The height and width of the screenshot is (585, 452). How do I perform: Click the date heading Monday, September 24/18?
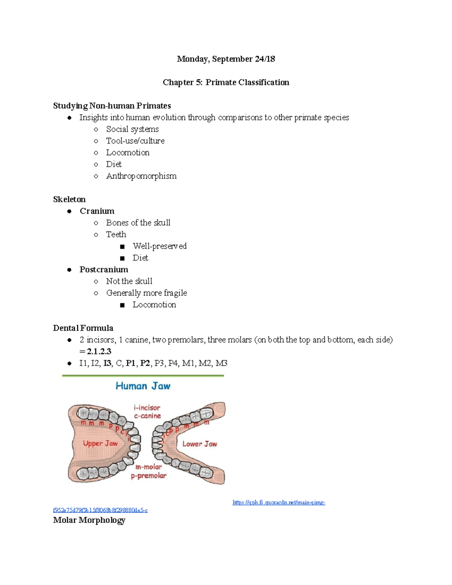[x=226, y=59]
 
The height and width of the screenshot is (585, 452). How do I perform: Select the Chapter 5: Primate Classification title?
[x=226, y=82]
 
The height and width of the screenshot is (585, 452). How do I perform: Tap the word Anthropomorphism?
[x=141, y=176]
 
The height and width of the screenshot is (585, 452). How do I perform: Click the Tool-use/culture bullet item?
[x=135, y=141]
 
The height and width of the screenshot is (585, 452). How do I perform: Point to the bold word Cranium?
[x=97, y=211]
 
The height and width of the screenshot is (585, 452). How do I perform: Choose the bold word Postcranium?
[x=104, y=270]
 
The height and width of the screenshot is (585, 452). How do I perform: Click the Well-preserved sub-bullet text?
[x=159, y=246]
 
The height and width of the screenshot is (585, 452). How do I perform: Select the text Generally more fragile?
[x=146, y=293]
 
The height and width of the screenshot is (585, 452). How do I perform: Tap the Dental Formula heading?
[x=83, y=328]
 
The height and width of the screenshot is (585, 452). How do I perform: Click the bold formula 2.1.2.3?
[x=99, y=351]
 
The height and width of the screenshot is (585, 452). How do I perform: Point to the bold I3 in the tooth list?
[x=107, y=363]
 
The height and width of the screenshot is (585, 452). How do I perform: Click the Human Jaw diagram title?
[x=143, y=386]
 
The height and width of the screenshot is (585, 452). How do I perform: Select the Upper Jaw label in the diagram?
[x=100, y=443]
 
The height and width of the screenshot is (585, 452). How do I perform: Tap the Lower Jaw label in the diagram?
[x=200, y=444]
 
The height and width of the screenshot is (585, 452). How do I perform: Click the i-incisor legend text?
[x=147, y=408]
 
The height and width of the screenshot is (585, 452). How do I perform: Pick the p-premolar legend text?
[x=148, y=476]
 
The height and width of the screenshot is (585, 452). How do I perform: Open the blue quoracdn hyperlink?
[x=279, y=502]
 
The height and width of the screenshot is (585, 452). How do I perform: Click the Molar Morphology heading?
[x=89, y=520]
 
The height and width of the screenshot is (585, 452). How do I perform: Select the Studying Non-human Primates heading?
[x=112, y=106]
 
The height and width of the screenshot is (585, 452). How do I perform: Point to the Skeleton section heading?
[x=69, y=199]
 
